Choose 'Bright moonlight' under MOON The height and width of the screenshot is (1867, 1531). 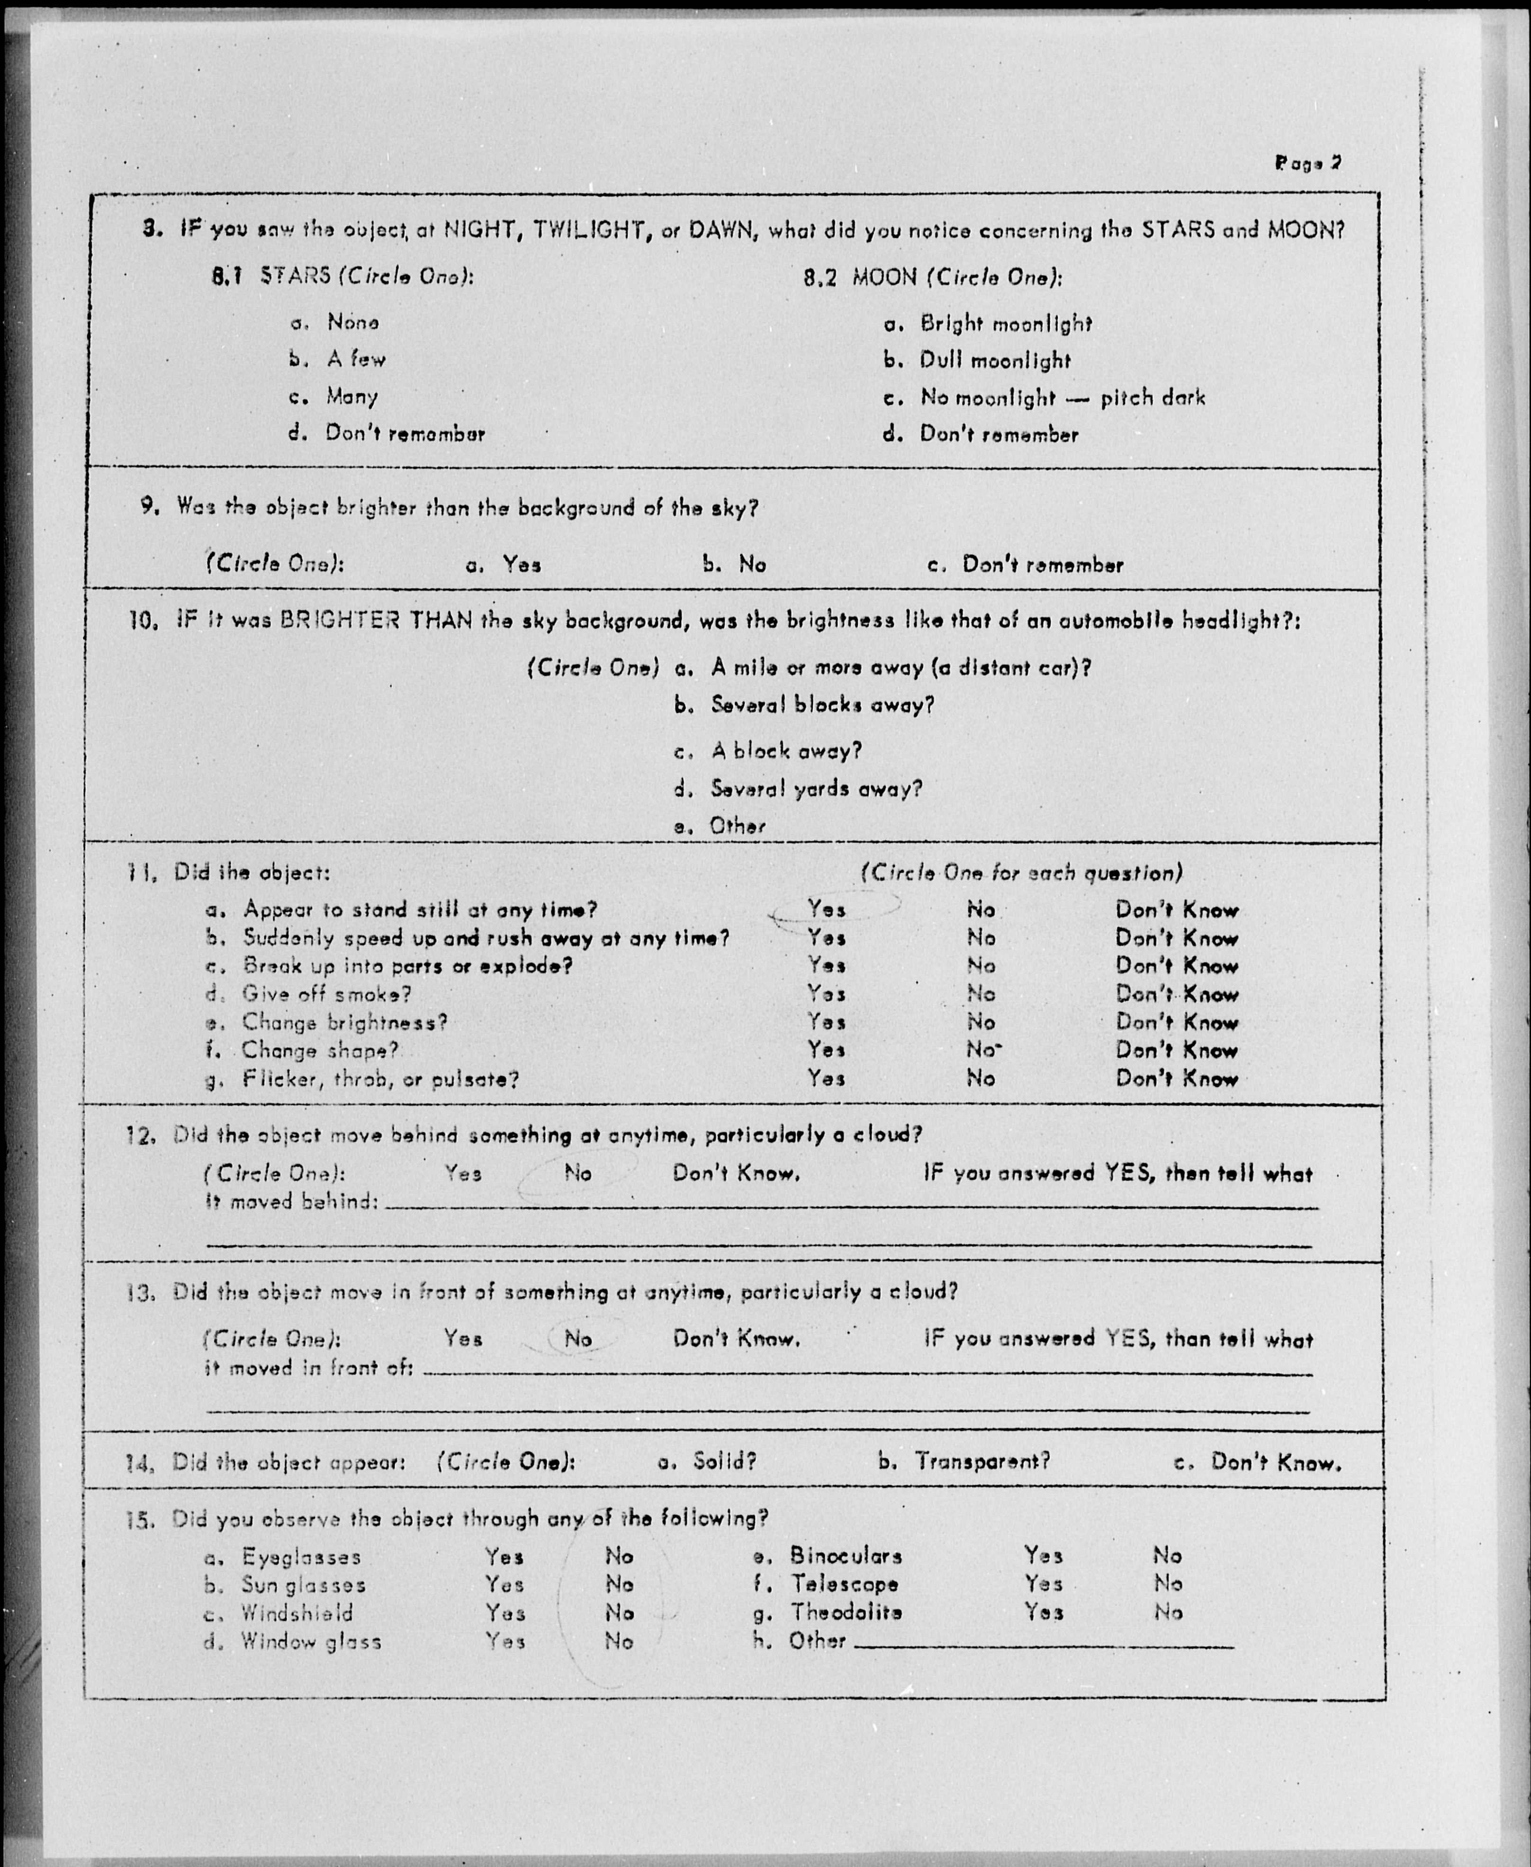1005,324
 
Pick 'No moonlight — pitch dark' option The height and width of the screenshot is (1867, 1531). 1062,398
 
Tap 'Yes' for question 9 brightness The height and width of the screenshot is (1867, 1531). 521,564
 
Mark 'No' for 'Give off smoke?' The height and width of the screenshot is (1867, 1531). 981,994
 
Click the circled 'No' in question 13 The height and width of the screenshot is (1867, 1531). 577,1339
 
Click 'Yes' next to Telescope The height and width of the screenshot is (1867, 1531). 1043,1584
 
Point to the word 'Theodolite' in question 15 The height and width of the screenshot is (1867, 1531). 846,1612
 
